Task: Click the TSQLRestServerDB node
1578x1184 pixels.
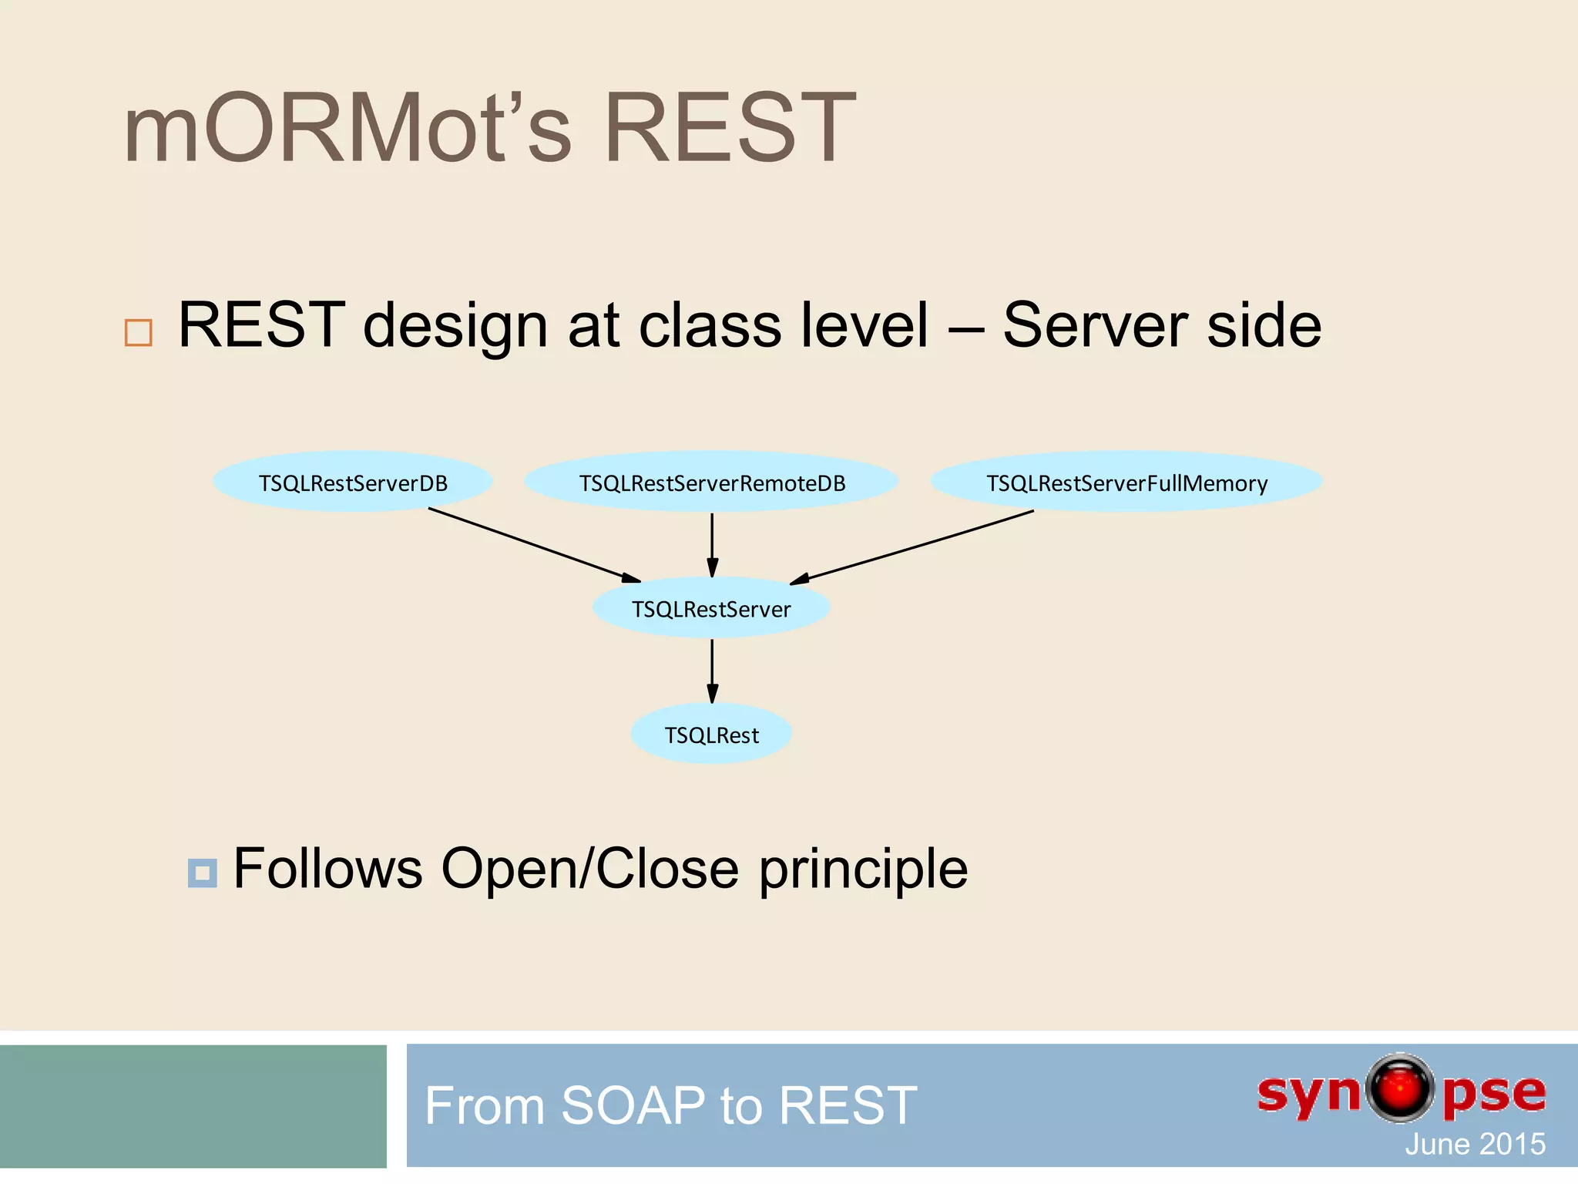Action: tap(353, 483)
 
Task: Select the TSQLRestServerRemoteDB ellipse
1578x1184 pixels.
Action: tap(712, 483)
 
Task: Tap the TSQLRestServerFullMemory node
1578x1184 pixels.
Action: tap(1126, 483)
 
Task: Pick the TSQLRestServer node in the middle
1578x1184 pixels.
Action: tap(711, 609)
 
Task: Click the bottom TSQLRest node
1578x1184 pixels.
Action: tap(711, 735)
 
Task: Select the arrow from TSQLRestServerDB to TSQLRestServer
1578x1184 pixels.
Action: tap(534, 545)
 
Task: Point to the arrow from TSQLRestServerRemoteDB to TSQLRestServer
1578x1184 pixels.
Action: tap(712, 544)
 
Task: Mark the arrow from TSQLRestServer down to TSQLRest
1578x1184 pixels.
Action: tap(712, 671)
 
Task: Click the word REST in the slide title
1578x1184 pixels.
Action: tap(729, 128)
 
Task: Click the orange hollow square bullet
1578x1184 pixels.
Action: tap(139, 332)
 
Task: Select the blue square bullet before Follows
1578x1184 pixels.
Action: tap(202, 873)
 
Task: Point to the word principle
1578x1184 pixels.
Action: tap(863, 869)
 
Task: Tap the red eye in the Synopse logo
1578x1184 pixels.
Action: tap(1400, 1088)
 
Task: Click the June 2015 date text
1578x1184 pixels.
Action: tap(1475, 1144)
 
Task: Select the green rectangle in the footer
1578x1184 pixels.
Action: tap(193, 1105)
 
